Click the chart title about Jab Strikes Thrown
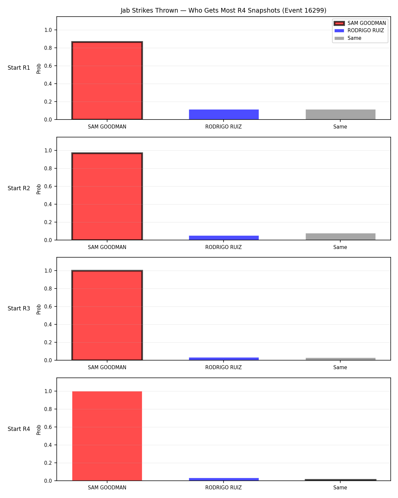click(x=223, y=10)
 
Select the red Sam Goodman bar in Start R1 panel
click(x=107, y=81)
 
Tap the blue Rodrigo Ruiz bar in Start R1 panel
click(x=224, y=114)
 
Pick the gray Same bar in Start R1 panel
click(x=340, y=114)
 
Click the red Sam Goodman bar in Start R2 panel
click(x=107, y=196)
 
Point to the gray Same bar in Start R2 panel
click(x=340, y=236)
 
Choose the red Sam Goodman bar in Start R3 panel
click(x=107, y=315)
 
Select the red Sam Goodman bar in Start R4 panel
click(x=107, y=436)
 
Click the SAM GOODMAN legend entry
click(x=360, y=23)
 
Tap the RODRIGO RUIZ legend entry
click(x=359, y=31)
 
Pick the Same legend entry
click(x=348, y=38)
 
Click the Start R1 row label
click(x=19, y=68)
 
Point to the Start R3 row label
click(x=19, y=308)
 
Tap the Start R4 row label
click(x=19, y=429)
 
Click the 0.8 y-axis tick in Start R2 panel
click(x=48, y=168)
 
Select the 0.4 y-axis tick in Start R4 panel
click(x=48, y=445)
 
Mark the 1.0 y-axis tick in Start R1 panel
click(x=48, y=30)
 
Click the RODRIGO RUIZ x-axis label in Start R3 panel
click(x=224, y=368)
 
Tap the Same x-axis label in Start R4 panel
click(x=340, y=488)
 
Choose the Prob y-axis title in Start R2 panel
click(x=38, y=189)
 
